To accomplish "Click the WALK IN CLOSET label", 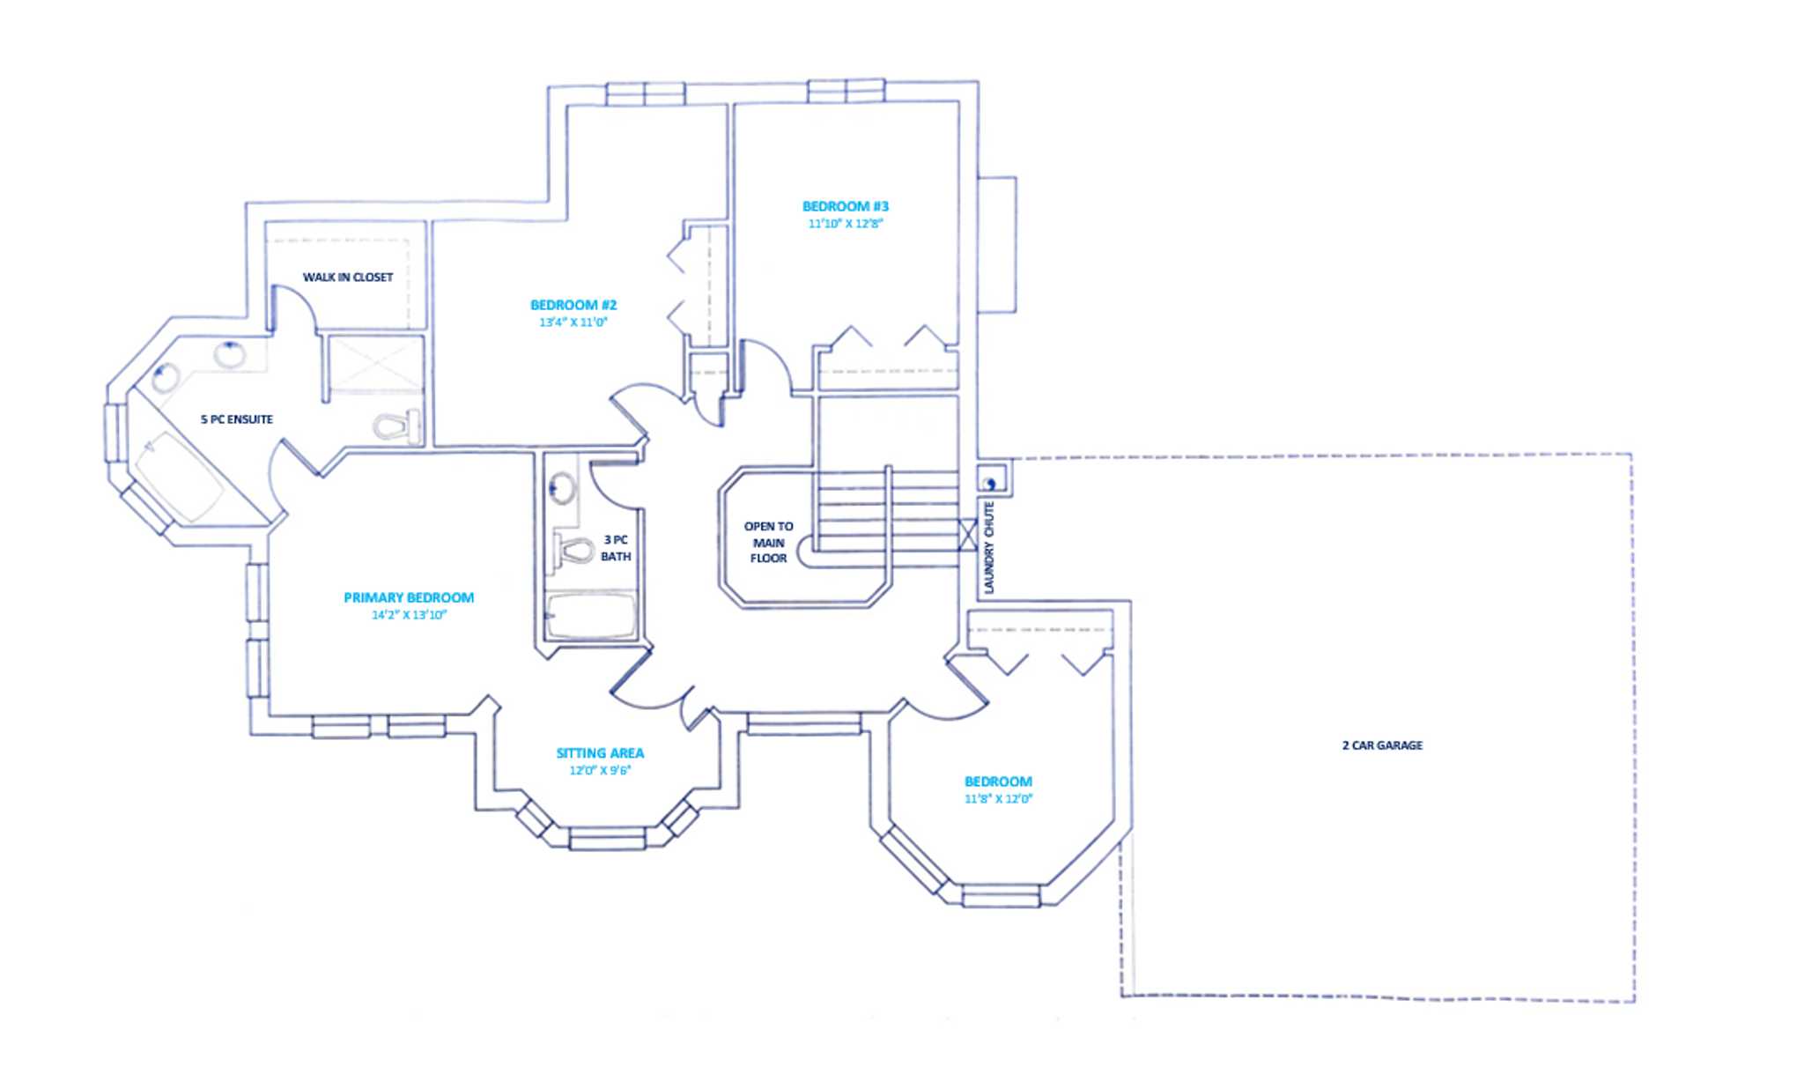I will click(348, 278).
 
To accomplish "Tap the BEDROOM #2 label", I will click(573, 305).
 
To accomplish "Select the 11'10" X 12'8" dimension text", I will click(846, 224).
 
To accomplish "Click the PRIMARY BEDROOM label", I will click(409, 597).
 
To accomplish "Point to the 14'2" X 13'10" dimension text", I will click(409, 615).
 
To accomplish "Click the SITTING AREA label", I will click(600, 753).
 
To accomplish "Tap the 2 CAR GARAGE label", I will click(1382, 745).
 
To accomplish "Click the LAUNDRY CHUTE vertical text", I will click(989, 547).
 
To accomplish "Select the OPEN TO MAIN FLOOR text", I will click(768, 542).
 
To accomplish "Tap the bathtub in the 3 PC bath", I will click(590, 616).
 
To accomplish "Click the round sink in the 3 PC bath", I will click(561, 487).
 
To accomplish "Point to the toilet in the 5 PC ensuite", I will click(396, 427).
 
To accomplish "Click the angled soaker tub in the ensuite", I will click(179, 477).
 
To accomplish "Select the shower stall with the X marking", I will click(375, 363).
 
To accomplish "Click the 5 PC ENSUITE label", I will click(237, 419).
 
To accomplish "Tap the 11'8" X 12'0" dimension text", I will click(998, 799).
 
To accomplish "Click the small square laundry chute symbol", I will click(991, 481).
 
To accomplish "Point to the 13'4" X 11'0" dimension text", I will click(573, 322).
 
